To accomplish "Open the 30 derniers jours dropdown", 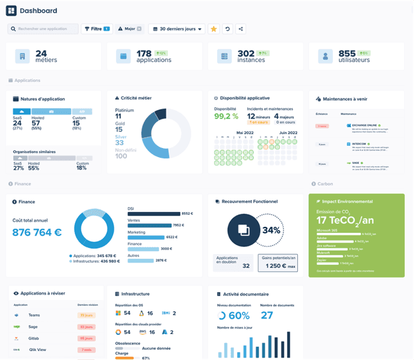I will [x=176, y=29].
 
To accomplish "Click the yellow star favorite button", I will [x=214, y=29].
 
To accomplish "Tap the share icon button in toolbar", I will [x=241, y=29].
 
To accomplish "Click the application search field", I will [x=43, y=29].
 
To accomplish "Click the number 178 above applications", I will [x=144, y=54].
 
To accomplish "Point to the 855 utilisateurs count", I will [x=347, y=54].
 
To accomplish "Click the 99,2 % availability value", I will [x=226, y=116].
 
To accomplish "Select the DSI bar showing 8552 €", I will [x=154, y=214].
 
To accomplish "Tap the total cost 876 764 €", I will [x=37, y=232].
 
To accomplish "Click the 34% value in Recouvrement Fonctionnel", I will [x=271, y=230].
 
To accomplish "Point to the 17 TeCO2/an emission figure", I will [x=346, y=220].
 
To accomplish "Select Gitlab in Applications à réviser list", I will [x=34, y=338].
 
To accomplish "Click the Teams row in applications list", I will [x=34, y=315].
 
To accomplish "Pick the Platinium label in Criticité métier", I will [x=125, y=110].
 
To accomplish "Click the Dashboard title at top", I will [x=39, y=11].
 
